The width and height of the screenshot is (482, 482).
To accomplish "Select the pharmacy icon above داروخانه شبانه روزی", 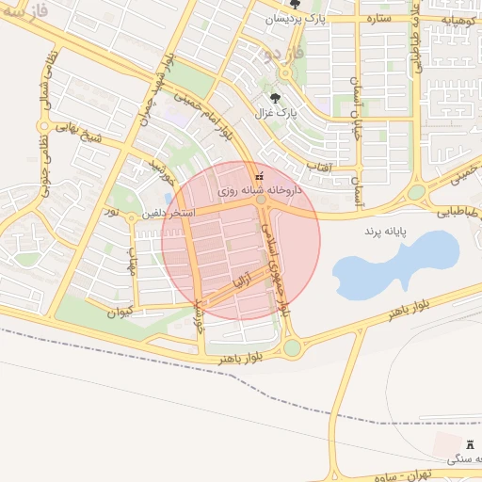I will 260,176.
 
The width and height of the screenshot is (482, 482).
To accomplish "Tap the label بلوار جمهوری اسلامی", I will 277,273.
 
